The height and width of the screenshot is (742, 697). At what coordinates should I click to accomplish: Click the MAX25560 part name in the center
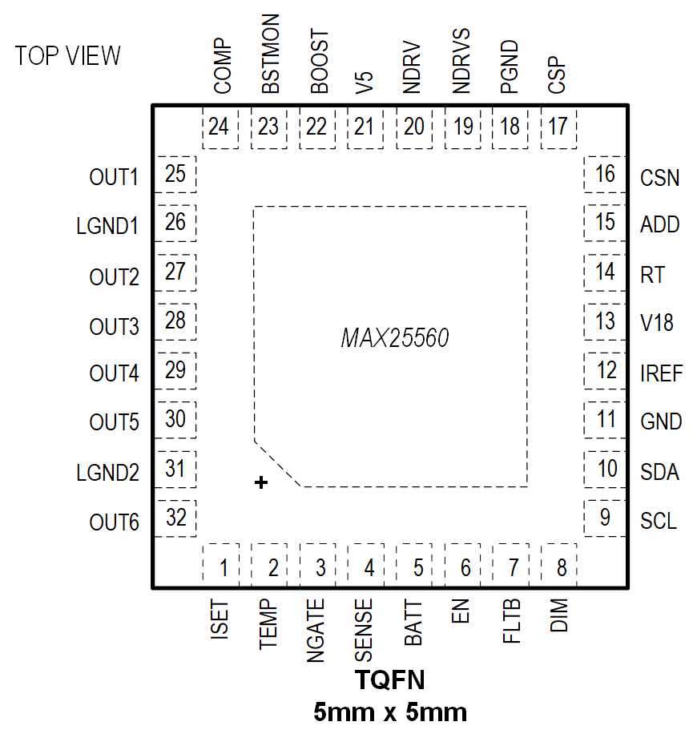tap(395, 338)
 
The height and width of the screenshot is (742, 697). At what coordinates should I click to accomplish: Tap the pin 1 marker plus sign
tap(260, 482)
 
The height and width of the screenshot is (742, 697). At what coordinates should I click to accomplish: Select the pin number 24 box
tap(219, 127)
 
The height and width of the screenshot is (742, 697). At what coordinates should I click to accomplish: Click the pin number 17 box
tap(558, 127)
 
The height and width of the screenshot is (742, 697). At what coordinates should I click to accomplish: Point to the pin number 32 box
tap(175, 518)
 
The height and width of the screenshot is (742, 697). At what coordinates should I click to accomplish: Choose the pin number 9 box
tap(606, 518)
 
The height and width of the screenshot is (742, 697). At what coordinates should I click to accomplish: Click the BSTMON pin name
tap(271, 54)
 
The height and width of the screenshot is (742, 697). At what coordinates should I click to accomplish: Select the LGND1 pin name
tap(107, 227)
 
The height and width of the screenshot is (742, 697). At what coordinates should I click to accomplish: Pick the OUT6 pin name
tap(114, 523)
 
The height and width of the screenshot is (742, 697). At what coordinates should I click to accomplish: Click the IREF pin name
tap(662, 373)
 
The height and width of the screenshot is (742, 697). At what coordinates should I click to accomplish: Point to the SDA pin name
tap(660, 472)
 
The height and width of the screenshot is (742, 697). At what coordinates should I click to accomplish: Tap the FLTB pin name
tap(511, 623)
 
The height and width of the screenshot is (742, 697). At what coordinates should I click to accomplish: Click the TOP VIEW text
tap(68, 56)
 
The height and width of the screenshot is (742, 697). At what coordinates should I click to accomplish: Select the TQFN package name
tap(390, 681)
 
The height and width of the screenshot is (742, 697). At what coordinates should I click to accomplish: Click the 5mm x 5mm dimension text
tap(390, 712)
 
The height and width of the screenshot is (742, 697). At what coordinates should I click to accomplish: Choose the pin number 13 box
tap(606, 321)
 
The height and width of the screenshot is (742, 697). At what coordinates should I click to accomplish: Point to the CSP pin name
tap(558, 75)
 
